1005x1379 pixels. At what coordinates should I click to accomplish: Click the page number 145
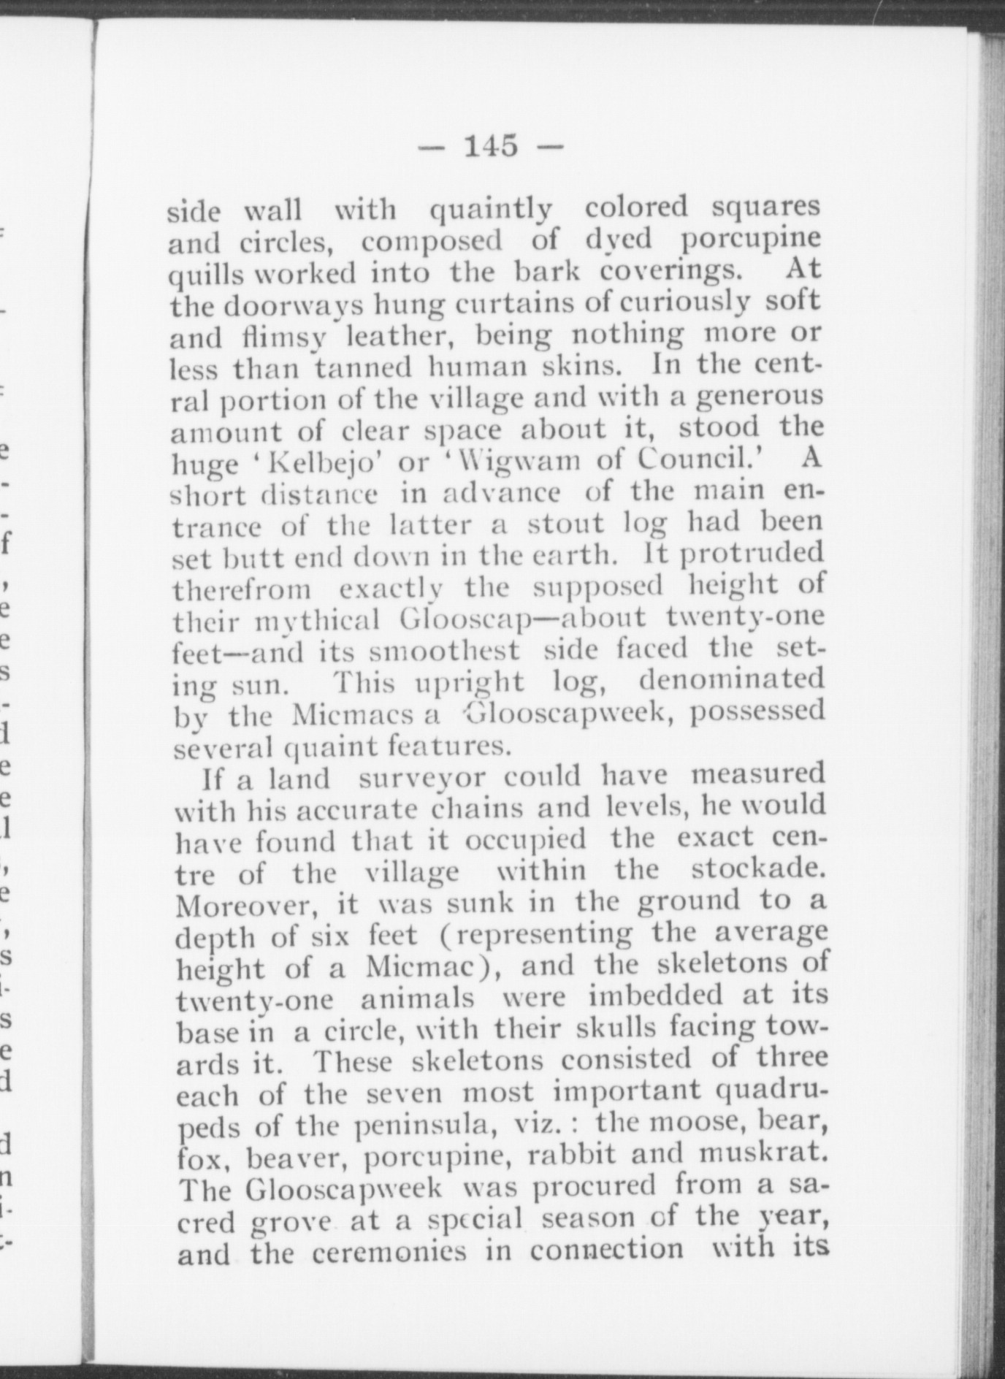pos(491,145)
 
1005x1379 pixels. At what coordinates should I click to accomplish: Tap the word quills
pos(202,275)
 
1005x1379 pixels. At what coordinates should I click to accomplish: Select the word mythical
pos(316,620)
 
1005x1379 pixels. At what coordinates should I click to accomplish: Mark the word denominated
pos(731,681)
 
